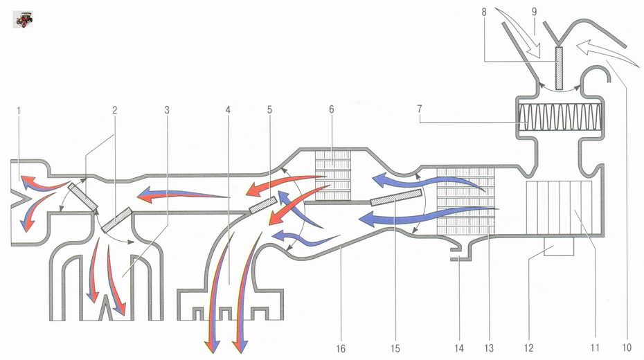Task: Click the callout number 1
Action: pyautogui.click(x=19, y=110)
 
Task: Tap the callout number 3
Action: pyautogui.click(x=167, y=110)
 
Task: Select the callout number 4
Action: pyautogui.click(x=228, y=110)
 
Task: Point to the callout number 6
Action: pyautogui.click(x=332, y=109)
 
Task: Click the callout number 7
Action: pyautogui.click(x=420, y=109)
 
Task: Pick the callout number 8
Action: pyautogui.click(x=484, y=12)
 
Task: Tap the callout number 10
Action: pyautogui.click(x=627, y=348)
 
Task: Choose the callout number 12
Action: pyautogui.click(x=529, y=348)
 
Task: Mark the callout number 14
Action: pyautogui.click(x=459, y=348)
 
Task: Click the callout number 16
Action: pyautogui.click(x=341, y=348)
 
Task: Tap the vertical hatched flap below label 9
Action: pyautogui.click(x=559, y=68)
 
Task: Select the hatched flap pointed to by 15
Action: pyautogui.click(x=396, y=197)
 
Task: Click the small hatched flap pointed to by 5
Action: pyautogui.click(x=262, y=205)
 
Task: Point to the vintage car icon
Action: pyautogui.click(x=23, y=19)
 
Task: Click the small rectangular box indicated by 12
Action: pyautogui.click(x=559, y=246)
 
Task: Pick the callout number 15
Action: pyautogui.click(x=395, y=348)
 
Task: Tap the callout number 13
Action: pyautogui.click(x=489, y=348)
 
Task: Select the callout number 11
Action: pyautogui.click(x=595, y=348)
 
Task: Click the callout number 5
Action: pyautogui.click(x=269, y=110)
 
